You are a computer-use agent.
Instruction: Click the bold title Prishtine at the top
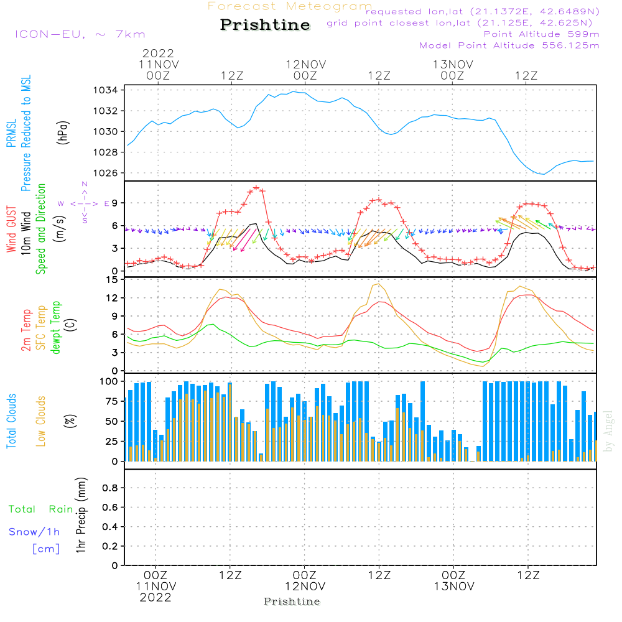[x=265, y=26]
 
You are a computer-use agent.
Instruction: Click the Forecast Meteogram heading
[x=290, y=6]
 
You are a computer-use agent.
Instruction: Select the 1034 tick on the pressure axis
[x=106, y=90]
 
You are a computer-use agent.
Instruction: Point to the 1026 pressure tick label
[x=106, y=173]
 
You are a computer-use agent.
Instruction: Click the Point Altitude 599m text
[x=541, y=34]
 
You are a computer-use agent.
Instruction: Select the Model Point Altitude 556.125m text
[x=509, y=45]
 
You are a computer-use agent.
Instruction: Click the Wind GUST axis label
[x=11, y=230]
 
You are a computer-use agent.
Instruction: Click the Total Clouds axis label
[x=11, y=421]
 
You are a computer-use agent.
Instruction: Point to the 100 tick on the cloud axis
[x=109, y=381]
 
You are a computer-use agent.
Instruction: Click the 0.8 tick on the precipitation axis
[x=110, y=488]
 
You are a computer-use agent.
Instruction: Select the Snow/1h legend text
[x=34, y=532]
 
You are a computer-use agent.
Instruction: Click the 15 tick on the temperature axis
[x=111, y=280]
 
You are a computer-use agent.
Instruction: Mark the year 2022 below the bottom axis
[x=155, y=598]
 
